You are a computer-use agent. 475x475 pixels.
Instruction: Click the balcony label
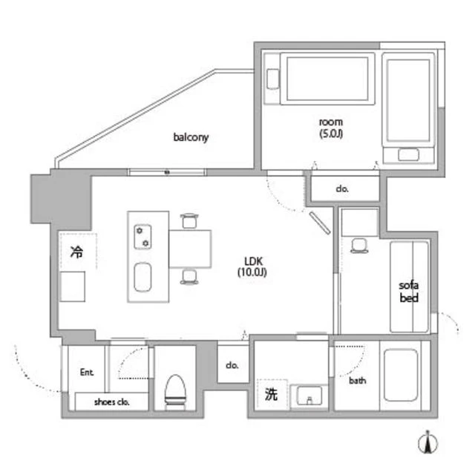tap(191, 137)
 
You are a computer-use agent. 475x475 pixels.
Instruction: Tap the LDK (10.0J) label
tap(252, 266)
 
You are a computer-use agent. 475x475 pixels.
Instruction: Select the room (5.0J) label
tap(331, 128)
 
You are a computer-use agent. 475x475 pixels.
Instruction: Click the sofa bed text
tap(409, 292)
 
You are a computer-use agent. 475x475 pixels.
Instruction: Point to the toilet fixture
tap(175, 392)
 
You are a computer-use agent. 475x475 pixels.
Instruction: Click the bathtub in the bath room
tap(401, 375)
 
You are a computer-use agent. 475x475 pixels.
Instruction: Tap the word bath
tap(358, 381)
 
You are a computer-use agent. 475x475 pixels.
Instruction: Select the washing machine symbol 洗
tap(271, 394)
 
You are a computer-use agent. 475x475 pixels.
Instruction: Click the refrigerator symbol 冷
tap(76, 252)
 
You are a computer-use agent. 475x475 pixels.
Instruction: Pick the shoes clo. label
tap(112, 402)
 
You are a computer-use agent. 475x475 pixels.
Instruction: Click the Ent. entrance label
tap(87, 372)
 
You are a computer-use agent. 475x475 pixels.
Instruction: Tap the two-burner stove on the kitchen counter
tap(142, 237)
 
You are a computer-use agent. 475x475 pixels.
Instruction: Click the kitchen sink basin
tap(142, 277)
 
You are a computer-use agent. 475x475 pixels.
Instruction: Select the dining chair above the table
tap(189, 220)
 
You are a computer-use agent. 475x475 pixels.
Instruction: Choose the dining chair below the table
tap(189, 277)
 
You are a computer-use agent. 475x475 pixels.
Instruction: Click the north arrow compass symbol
tap(427, 443)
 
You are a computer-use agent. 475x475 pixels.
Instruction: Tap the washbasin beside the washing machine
tap(309, 395)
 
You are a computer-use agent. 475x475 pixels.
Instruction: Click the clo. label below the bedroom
tap(342, 189)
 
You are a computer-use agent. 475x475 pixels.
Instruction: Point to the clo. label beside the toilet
tap(232, 365)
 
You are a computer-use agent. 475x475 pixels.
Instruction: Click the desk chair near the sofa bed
tap(359, 246)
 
